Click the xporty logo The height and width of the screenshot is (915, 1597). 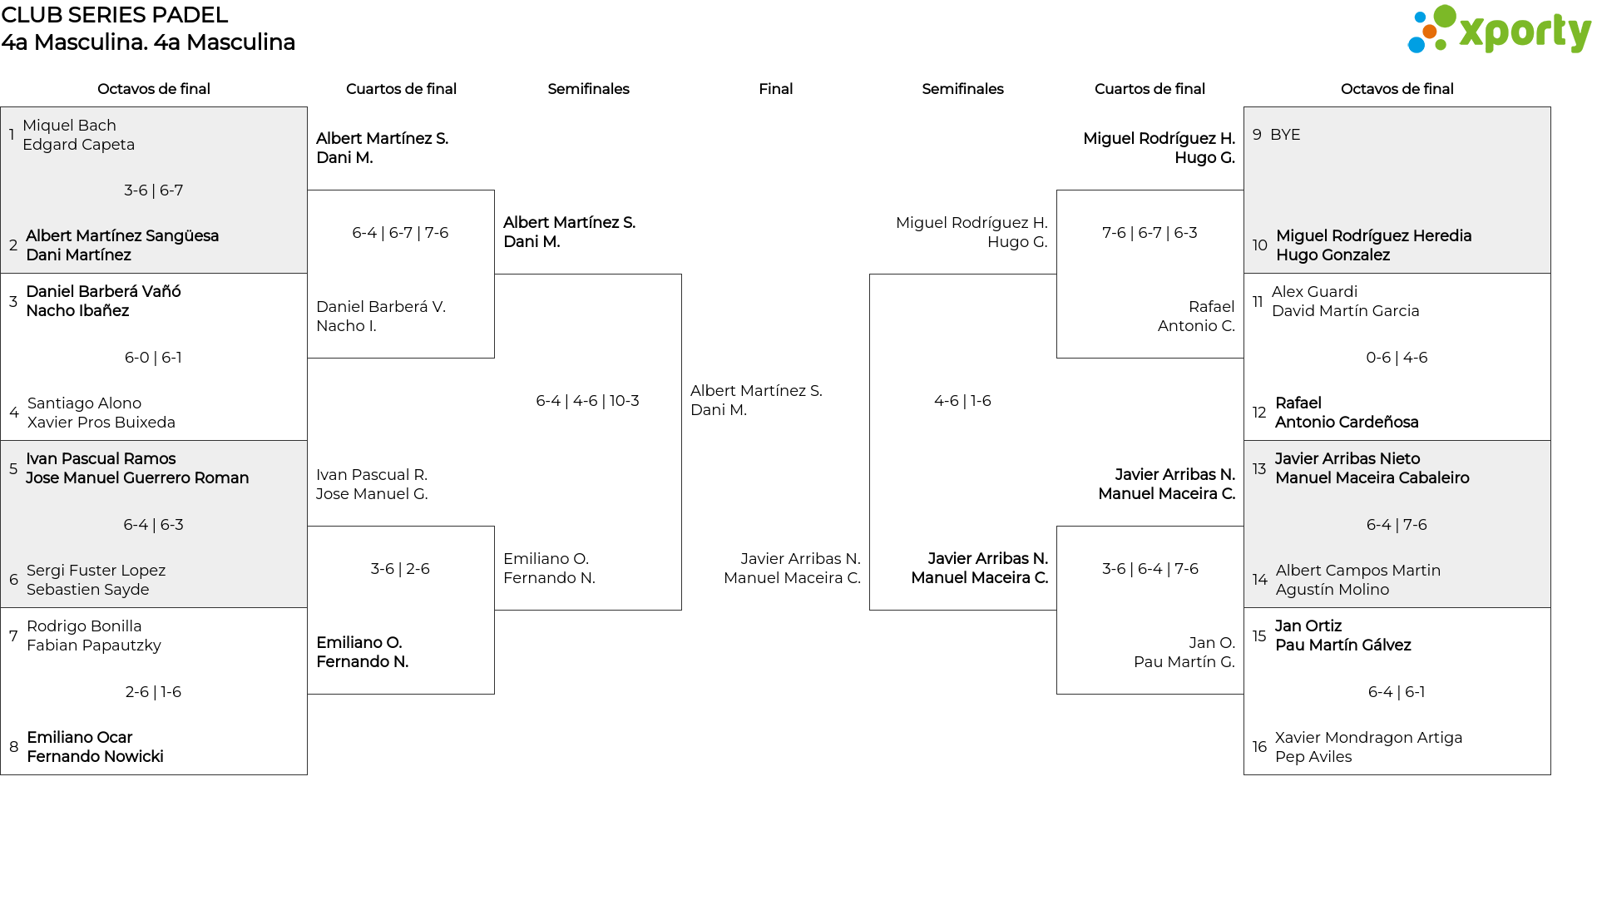(x=1499, y=30)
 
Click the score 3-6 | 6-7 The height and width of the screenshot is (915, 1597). (x=154, y=190)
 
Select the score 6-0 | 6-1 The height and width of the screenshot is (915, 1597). (x=153, y=358)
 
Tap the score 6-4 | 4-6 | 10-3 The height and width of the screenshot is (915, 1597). (x=587, y=401)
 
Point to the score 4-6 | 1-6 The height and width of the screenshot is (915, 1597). (x=962, y=401)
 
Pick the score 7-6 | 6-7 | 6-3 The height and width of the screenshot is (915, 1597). (x=1150, y=233)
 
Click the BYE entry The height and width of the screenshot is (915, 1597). (x=1285, y=135)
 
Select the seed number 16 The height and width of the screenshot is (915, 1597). (x=1259, y=747)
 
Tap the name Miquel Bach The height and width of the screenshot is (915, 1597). (x=69, y=126)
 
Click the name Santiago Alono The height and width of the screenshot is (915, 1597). (x=84, y=403)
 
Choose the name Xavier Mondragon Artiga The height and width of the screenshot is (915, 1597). (x=1368, y=738)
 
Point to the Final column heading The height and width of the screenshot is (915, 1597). (x=775, y=89)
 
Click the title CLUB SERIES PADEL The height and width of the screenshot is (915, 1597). (x=115, y=15)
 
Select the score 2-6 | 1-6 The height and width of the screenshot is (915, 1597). (x=153, y=692)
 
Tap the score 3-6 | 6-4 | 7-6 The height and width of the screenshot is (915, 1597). (x=1150, y=569)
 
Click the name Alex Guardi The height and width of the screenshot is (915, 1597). (x=1314, y=292)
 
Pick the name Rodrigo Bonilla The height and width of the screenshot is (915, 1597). (x=84, y=626)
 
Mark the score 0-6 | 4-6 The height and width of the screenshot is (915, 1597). (x=1397, y=358)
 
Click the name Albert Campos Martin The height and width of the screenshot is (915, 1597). (x=1357, y=571)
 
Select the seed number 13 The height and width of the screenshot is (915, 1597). (x=1259, y=468)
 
